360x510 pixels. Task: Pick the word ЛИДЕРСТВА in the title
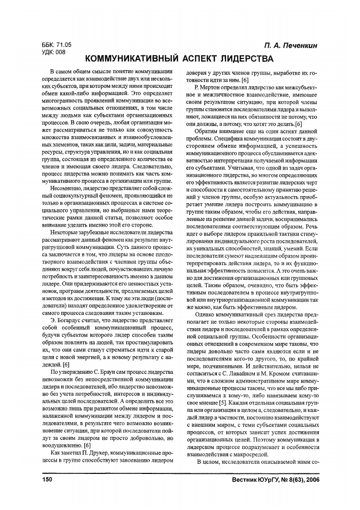252,58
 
